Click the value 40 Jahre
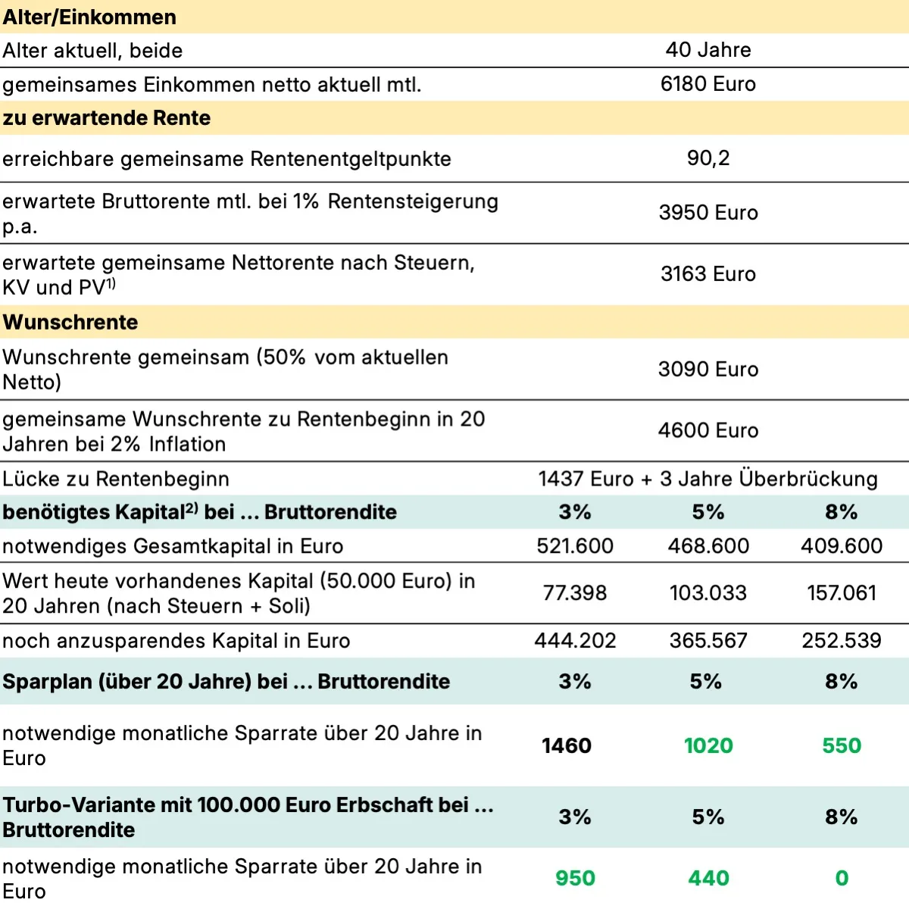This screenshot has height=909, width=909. tap(708, 50)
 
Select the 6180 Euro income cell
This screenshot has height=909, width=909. tap(708, 84)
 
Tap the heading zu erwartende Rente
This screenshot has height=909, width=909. tap(107, 118)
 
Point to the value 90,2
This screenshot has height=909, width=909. tap(708, 158)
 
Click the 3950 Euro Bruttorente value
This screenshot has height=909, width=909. tap(708, 213)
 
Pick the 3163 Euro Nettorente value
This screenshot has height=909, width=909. tap(708, 274)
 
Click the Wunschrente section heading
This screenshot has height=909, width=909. tap(70, 322)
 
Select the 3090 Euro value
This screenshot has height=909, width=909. tap(708, 370)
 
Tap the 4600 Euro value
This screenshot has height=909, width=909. tap(708, 430)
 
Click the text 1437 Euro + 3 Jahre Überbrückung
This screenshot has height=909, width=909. tap(708, 479)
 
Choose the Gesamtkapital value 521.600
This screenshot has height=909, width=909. tap(575, 546)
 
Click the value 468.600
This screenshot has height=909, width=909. tap(708, 546)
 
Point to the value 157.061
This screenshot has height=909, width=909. tap(842, 593)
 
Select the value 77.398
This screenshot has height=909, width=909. tap(575, 593)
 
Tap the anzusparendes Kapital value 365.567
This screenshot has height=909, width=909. tap(708, 641)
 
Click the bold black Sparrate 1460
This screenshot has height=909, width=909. tap(567, 746)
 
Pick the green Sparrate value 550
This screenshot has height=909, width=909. tap(842, 746)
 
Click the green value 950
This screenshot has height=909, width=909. tap(575, 879)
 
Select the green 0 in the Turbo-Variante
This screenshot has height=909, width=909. tap(842, 879)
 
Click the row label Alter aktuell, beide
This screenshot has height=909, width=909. tap(93, 51)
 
